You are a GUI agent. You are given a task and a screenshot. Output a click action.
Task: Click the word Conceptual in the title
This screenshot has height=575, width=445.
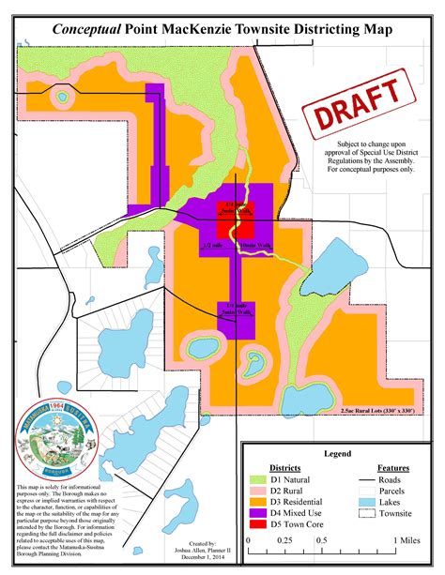pos(86,31)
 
